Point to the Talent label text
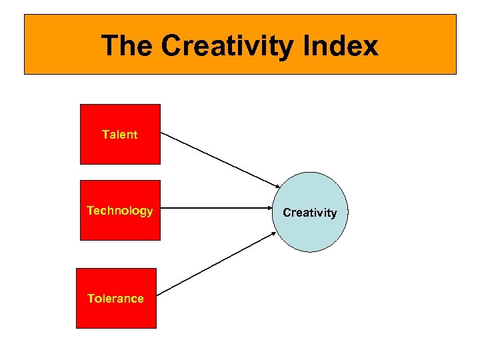tap(120, 135)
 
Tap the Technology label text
tap(120, 211)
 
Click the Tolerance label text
tap(115, 299)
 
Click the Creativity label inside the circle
tap(310, 213)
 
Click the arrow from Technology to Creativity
tap(217, 209)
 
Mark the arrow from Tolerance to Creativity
tap(217, 263)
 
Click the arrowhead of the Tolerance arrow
tap(273, 233)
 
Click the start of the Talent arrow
tap(163, 132)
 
